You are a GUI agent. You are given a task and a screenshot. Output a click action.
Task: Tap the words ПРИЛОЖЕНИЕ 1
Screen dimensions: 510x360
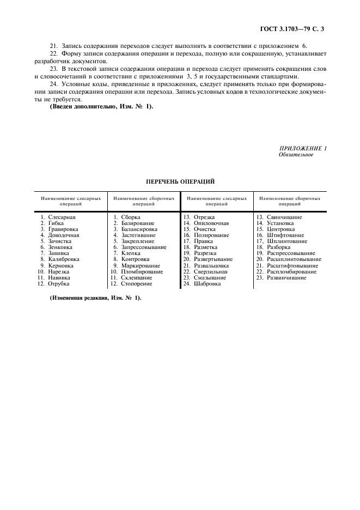(303, 148)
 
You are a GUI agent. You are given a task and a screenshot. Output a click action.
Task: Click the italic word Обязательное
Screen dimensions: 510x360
(296, 155)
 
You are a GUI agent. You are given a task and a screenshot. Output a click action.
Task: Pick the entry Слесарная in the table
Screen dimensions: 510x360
(62, 217)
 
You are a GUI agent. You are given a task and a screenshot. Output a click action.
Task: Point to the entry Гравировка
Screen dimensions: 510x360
(63, 229)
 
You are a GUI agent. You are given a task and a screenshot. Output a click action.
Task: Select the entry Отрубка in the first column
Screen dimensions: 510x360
(59, 283)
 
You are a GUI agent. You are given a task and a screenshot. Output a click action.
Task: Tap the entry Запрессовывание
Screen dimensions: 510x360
(144, 247)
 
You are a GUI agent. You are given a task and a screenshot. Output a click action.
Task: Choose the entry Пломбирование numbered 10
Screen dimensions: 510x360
(142, 271)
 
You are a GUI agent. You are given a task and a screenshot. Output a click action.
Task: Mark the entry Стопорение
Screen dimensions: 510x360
(137, 283)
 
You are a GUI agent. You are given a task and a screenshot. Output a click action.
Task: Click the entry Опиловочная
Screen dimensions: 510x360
(211, 223)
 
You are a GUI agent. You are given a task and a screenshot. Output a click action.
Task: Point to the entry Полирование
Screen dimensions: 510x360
(211, 235)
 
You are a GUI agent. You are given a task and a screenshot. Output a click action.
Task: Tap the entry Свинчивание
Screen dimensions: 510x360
(284, 217)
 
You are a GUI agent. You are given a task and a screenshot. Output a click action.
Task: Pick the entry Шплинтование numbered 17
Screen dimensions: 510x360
(287, 241)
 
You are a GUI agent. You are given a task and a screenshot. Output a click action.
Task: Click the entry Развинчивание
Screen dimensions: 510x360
(286, 277)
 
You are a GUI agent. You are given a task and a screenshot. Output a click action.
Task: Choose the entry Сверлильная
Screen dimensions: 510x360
(211, 271)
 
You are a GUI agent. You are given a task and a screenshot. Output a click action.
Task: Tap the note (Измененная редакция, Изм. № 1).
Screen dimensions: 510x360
(95, 297)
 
